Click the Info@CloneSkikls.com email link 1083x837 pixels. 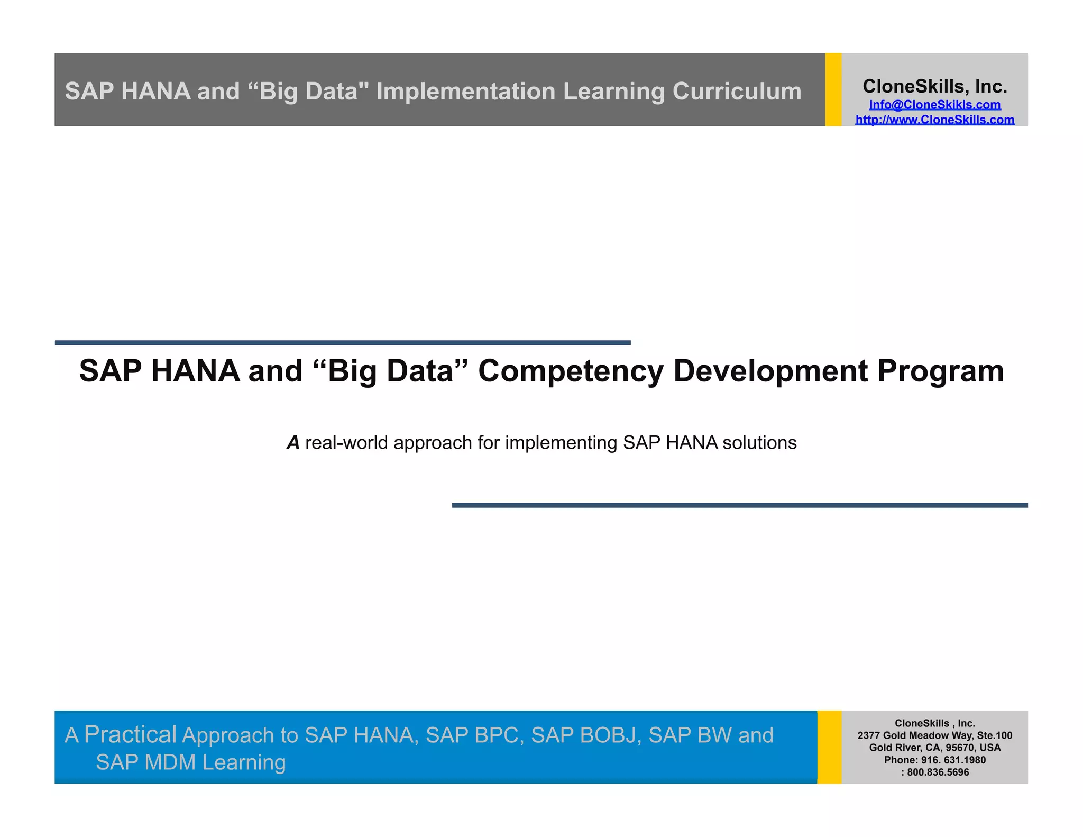tap(934, 105)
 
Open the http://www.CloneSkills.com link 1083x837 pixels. tap(934, 120)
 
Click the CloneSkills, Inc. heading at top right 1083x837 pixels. tap(934, 86)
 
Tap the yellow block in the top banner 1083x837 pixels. tap(833, 89)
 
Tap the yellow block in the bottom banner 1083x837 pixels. tap(829, 747)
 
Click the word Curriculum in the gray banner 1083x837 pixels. tap(737, 91)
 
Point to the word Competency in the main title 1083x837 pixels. tap(571, 371)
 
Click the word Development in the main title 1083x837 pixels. tap(770, 371)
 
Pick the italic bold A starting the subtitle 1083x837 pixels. tap(293, 442)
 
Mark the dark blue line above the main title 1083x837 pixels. tap(343, 343)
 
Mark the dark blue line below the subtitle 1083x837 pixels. tap(739, 505)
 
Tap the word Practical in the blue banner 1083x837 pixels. tap(130, 734)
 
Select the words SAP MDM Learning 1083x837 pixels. tap(190, 762)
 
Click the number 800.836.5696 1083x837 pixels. tap(938, 772)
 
